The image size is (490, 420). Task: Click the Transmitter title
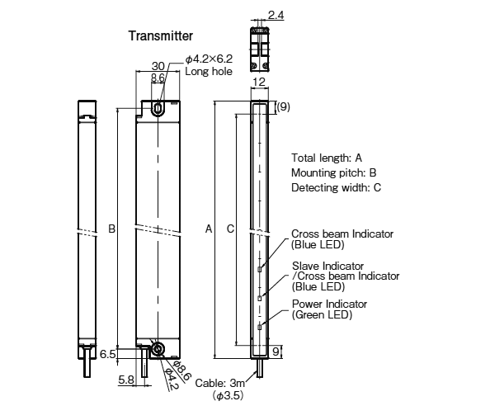click(x=161, y=35)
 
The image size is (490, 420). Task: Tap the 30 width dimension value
click(x=158, y=66)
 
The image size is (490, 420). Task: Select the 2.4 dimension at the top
click(x=276, y=15)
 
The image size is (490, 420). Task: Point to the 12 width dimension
click(x=259, y=82)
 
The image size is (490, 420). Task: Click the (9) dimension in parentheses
click(x=283, y=106)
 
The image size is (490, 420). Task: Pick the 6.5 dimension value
click(x=108, y=354)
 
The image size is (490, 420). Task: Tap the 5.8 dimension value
click(x=126, y=380)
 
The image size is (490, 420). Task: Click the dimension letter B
click(x=111, y=229)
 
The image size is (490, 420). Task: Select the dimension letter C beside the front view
click(x=230, y=229)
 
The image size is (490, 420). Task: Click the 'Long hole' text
click(x=209, y=71)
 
